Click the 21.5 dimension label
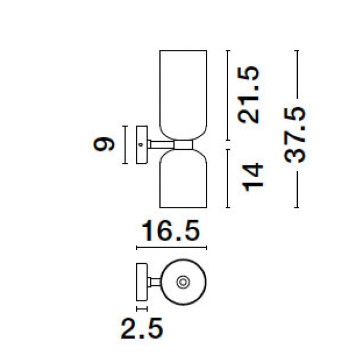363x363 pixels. click(248, 95)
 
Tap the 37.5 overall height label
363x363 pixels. click(294, 134)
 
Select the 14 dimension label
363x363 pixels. click(252, 177)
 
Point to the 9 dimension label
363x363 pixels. click(103, 144)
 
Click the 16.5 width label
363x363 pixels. click(170, 230)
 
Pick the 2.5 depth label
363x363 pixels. click(142, 328)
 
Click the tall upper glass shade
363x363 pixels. click(183, 95)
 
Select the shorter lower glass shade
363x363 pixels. click(183, 179)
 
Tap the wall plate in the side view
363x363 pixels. click(142, 145)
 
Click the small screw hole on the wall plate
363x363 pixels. click(140, 145)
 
